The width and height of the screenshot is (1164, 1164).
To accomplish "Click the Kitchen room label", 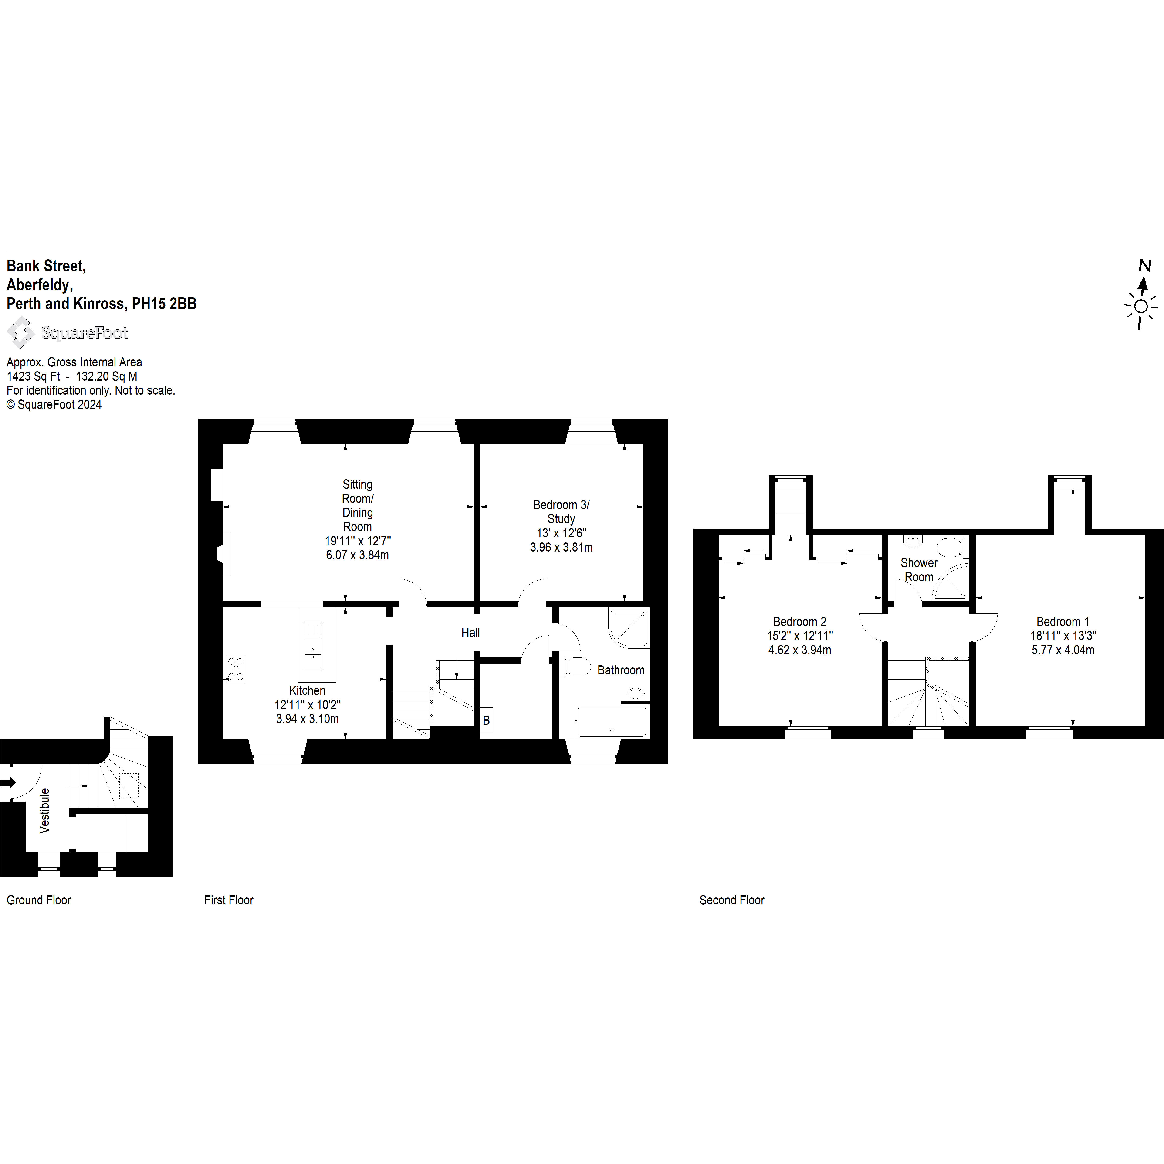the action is (307, 690).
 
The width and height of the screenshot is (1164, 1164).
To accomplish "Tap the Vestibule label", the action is (45, 810).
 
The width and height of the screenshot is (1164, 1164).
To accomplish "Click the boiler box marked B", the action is (486, 720).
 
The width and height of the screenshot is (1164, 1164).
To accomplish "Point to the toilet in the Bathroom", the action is (577, 666).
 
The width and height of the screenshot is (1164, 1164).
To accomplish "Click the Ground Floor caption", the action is (39, 900).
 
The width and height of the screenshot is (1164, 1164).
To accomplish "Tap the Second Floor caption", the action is (731, 900).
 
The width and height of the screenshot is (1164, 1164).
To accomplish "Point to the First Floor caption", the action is (229, 900).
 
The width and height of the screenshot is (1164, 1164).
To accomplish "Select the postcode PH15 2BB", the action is (165, 304).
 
